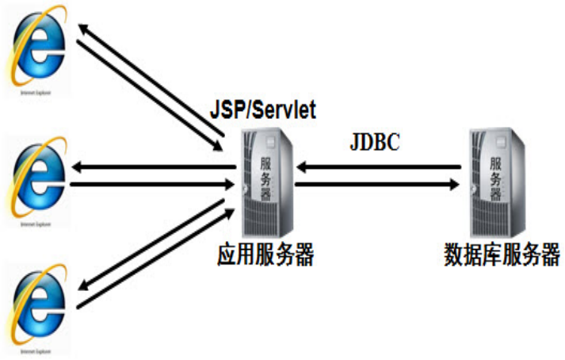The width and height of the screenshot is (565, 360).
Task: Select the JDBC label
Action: point(374,144)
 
